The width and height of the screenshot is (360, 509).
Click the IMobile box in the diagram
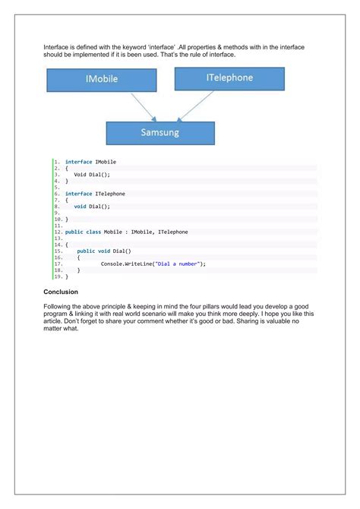coord(102,81)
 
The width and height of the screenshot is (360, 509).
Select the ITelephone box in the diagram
coord(229,78)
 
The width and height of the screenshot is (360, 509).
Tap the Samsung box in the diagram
coord(159,132)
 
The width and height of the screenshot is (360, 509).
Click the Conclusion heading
coord(60,291)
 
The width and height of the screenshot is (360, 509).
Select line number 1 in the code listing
coord(57,162)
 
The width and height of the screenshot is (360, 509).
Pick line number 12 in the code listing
coord(58,232)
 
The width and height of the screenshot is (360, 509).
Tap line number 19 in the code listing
coord(58,277)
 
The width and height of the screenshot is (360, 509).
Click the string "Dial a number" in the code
coord(178,264)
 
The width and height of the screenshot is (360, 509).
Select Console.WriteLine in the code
coord(126,264)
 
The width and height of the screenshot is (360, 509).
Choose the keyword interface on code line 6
coord(78,194)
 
